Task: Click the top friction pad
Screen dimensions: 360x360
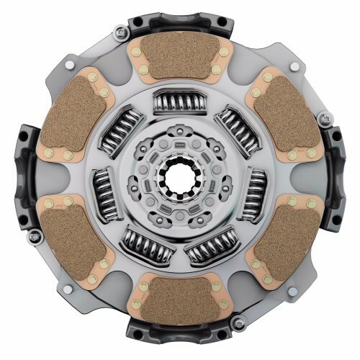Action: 181,57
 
